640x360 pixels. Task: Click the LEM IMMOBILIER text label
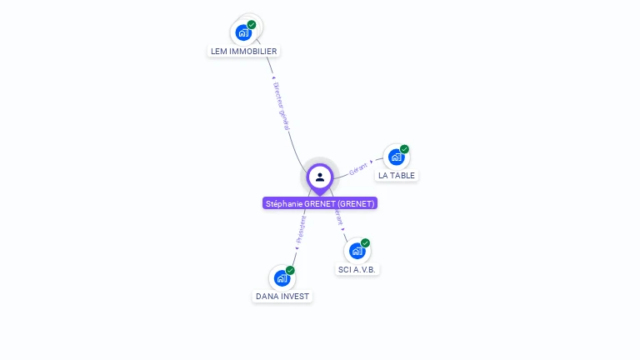click(x=243, y=51)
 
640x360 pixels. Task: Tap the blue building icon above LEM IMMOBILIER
click(x=243, y=32)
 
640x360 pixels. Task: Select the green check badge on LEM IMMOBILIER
click(x=252, y=24)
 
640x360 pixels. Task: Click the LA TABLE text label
click(x=396, y=175)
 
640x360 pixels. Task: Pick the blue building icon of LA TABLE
click(x=396, y=157)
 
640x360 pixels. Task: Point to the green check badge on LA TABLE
click(x=404, y=149)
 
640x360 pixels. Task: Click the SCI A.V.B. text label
click(x=357, y=269)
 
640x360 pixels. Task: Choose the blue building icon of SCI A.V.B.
click(x=357, y=251)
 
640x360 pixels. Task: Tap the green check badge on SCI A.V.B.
click(x=365, y=242)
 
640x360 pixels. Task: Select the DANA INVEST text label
click(x=282, y=296)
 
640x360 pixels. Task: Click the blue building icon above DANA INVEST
click(x=282, y=277)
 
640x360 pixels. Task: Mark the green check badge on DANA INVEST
click(x=290, y=270)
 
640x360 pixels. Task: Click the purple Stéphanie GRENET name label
click(x=320, y=203)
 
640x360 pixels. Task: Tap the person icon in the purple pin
click(x=320, y=177)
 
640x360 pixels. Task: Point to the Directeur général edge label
click(x=281, y=105)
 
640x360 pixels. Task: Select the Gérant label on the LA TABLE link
click(x=358, y=167)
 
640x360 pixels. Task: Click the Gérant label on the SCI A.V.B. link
click(x=338, y=217)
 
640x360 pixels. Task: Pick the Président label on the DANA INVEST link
click(x=301, y=228)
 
